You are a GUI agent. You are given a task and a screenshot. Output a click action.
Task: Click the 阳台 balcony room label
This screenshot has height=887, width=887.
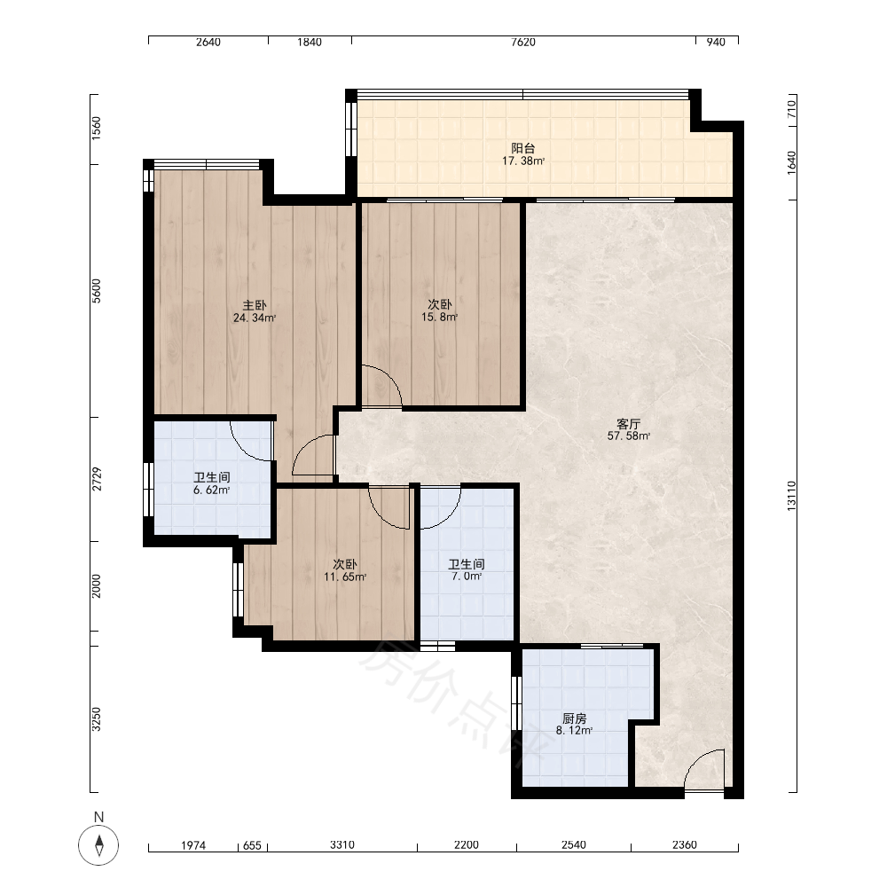click(522, 148)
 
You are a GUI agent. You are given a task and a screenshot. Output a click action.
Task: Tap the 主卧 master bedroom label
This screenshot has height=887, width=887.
click(255, 305)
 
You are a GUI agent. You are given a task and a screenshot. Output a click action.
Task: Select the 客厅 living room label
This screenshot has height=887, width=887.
click(629, 424)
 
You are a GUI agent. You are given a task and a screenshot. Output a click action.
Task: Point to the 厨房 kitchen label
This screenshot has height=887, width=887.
click(574, 718)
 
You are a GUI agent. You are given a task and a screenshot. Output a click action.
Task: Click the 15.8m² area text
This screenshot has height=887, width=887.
click(440, 318)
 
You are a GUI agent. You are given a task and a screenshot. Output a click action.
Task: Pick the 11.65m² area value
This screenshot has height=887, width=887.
click(345, 577)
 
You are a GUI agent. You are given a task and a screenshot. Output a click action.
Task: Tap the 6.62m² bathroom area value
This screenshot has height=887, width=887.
click(212, 490)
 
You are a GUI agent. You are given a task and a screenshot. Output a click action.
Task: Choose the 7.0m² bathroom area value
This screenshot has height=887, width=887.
click(467, 577)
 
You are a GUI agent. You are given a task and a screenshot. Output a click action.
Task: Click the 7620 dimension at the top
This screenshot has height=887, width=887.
click(522, 42)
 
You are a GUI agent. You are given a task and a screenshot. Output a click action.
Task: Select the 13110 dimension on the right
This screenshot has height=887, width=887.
click(791, 496)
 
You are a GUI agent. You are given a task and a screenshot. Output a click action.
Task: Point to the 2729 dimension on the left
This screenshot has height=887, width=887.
click(97, 479)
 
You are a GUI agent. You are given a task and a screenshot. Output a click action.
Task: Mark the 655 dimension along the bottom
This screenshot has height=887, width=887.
click(252, 845)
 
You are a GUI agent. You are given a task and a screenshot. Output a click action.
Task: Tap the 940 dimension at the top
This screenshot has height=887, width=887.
click(716, 42)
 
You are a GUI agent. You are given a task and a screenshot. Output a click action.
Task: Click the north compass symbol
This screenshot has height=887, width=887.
click(98, 845)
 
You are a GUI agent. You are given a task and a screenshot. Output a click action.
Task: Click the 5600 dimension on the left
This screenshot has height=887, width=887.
click(97, 291)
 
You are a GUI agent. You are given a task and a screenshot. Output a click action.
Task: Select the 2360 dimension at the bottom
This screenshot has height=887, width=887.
click(685, 845)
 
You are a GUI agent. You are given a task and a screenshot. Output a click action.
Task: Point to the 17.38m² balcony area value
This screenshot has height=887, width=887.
click(523, 161)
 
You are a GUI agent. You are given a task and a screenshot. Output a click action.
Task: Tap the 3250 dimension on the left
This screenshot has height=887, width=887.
click(97, 719)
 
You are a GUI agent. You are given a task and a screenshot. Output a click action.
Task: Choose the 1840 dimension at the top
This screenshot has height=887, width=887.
click(310, 42)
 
